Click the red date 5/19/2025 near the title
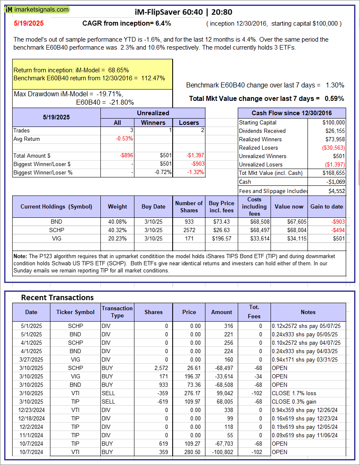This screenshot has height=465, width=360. (x=28, y=24)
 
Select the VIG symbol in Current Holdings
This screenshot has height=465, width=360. (x=56, y=238)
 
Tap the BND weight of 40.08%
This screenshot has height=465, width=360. (x=117, y=222)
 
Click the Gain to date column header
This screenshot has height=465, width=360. (x=326, y=206)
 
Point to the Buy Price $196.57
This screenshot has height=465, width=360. (x=221, y=238)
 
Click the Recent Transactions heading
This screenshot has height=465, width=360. (x=57, y=297)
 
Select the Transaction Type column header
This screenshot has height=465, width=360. (x=117, y=312)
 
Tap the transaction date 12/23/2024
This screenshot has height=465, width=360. (x=31, y=410)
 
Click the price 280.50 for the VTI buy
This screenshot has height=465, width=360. (x=189, y=452)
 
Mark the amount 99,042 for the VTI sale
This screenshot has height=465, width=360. (x=223, y=393)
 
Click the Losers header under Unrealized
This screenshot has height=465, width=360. (x=189, y=122)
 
